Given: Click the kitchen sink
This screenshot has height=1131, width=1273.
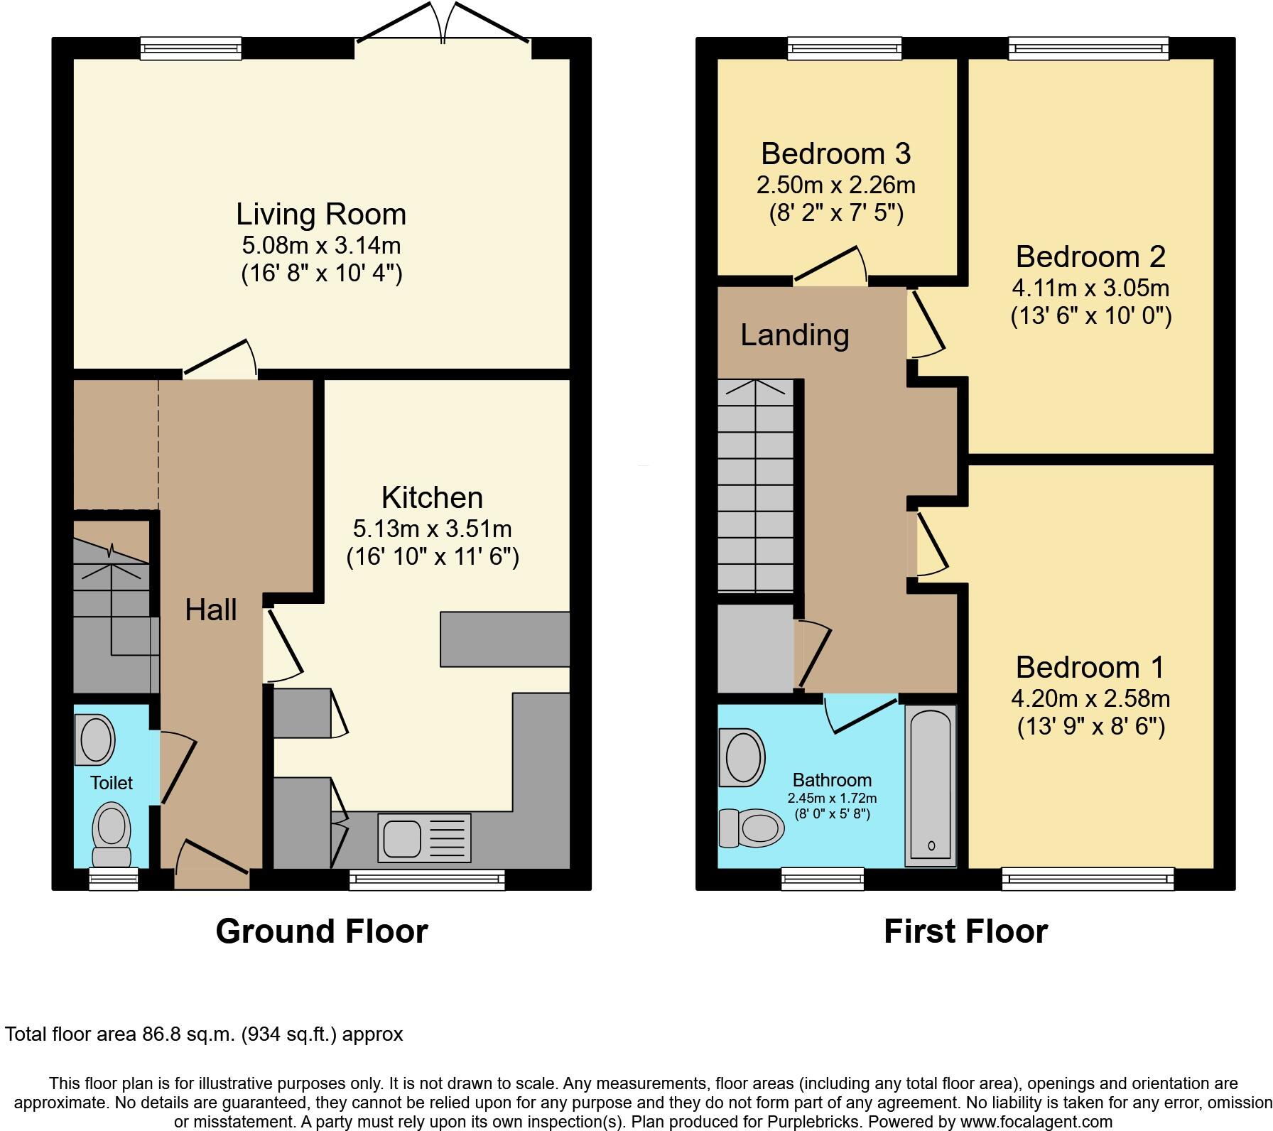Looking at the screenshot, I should pos(402,838).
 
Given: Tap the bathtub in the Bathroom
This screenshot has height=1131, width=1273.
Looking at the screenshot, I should pos(930,785).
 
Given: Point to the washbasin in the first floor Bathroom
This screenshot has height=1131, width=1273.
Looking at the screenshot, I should pos(742,757).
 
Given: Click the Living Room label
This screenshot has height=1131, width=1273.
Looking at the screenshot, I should pos(321,214).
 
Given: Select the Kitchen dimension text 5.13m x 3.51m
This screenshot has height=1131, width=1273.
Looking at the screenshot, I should pos(432,529).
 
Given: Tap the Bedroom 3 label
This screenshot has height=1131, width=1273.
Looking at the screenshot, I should pos(835,153).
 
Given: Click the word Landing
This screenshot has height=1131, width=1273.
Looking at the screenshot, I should pos(794,335).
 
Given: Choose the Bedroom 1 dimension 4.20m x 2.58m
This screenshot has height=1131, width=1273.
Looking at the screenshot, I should pos(1090,698).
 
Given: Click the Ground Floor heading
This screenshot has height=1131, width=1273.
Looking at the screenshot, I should pos(321,931).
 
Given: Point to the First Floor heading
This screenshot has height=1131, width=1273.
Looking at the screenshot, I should pos(965,931).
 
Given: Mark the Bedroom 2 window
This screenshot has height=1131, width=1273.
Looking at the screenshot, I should pos(1089,48).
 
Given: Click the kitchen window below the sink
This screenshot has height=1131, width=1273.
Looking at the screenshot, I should pos(427,880).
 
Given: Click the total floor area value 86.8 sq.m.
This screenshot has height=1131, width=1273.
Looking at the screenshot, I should pos(185,1034).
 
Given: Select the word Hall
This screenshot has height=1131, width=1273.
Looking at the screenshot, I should pos(210,610).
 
